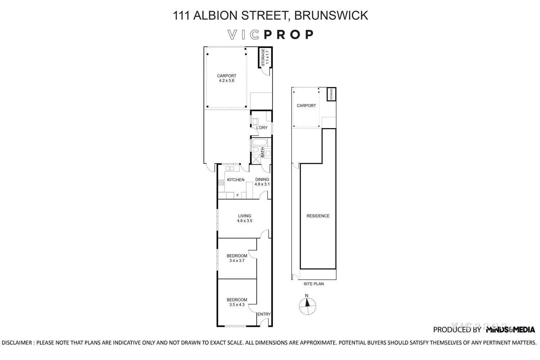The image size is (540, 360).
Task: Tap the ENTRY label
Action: [x=264, y=314]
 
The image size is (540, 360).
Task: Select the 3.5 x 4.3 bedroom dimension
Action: [x=237, y=305]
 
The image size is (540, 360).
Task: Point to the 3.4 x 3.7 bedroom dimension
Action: [x=237, y=261]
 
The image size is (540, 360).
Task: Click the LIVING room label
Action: [x=244, y=216]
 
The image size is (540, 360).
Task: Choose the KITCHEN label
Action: [x=236, y=180]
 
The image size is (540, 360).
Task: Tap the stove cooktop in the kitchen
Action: [x=221, y=182]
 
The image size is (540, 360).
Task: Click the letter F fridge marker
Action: [x=237, y=195]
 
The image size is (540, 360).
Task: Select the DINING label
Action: [x=262, y=180]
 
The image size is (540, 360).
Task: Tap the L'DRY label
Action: [x=262, y=128]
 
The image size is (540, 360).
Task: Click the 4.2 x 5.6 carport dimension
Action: [x=226, y=81]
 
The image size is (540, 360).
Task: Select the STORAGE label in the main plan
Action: [x=263, y=57]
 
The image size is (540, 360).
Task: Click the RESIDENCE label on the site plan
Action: [x=318, y=216]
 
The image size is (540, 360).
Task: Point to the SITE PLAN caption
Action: [x=314, y=284]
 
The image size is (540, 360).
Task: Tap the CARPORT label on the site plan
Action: [x=306, y=105]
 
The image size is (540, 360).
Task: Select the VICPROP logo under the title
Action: [x=271, y=35]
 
